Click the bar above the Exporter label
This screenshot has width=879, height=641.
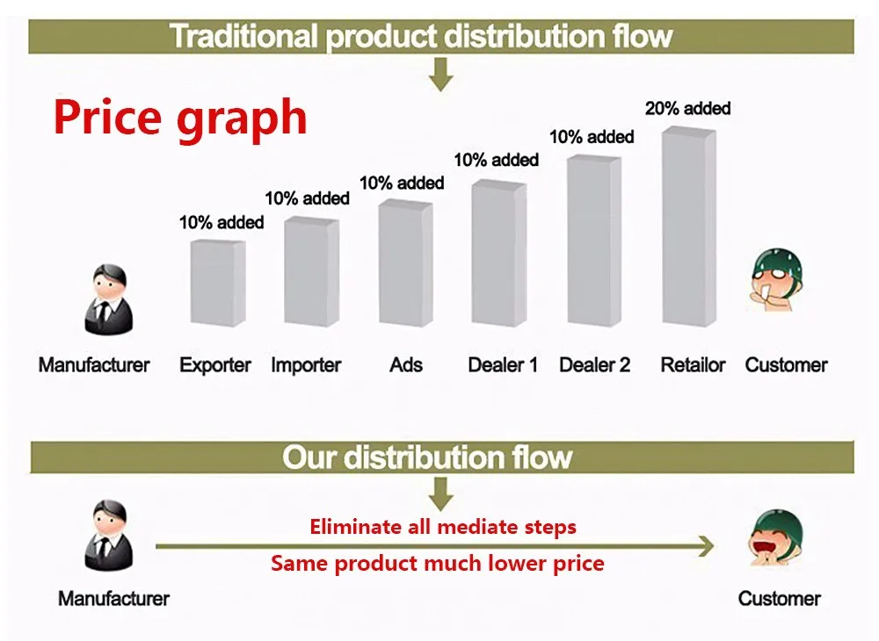click(217, 284)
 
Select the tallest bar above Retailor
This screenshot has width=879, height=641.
click(689, 227)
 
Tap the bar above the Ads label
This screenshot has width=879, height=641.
click(406, 263)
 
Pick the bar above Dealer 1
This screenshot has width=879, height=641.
click(499, 254)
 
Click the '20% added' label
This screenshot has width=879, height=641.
click(688, 108)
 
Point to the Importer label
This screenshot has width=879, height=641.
click(306, 365)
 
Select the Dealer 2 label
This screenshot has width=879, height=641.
click(595, 365)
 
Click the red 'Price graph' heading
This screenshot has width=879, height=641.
click(180, 118)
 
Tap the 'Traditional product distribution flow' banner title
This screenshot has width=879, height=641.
click(421, 36)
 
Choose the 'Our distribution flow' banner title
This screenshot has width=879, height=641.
click(427, 457)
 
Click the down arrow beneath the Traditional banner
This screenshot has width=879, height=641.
click(441, 75)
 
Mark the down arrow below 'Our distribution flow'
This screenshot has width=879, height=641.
click(441, 493)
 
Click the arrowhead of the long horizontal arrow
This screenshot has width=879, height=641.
click(706, 546)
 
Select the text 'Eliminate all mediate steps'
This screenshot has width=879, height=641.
click(443, 528)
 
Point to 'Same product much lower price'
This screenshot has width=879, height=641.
click(437, 563)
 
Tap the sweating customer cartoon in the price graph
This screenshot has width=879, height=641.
click(776, 279)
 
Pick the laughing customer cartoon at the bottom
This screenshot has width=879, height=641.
click(776, 537)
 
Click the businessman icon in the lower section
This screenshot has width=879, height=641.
click(109, 536)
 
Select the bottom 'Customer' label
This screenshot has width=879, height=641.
click(779, 599)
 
